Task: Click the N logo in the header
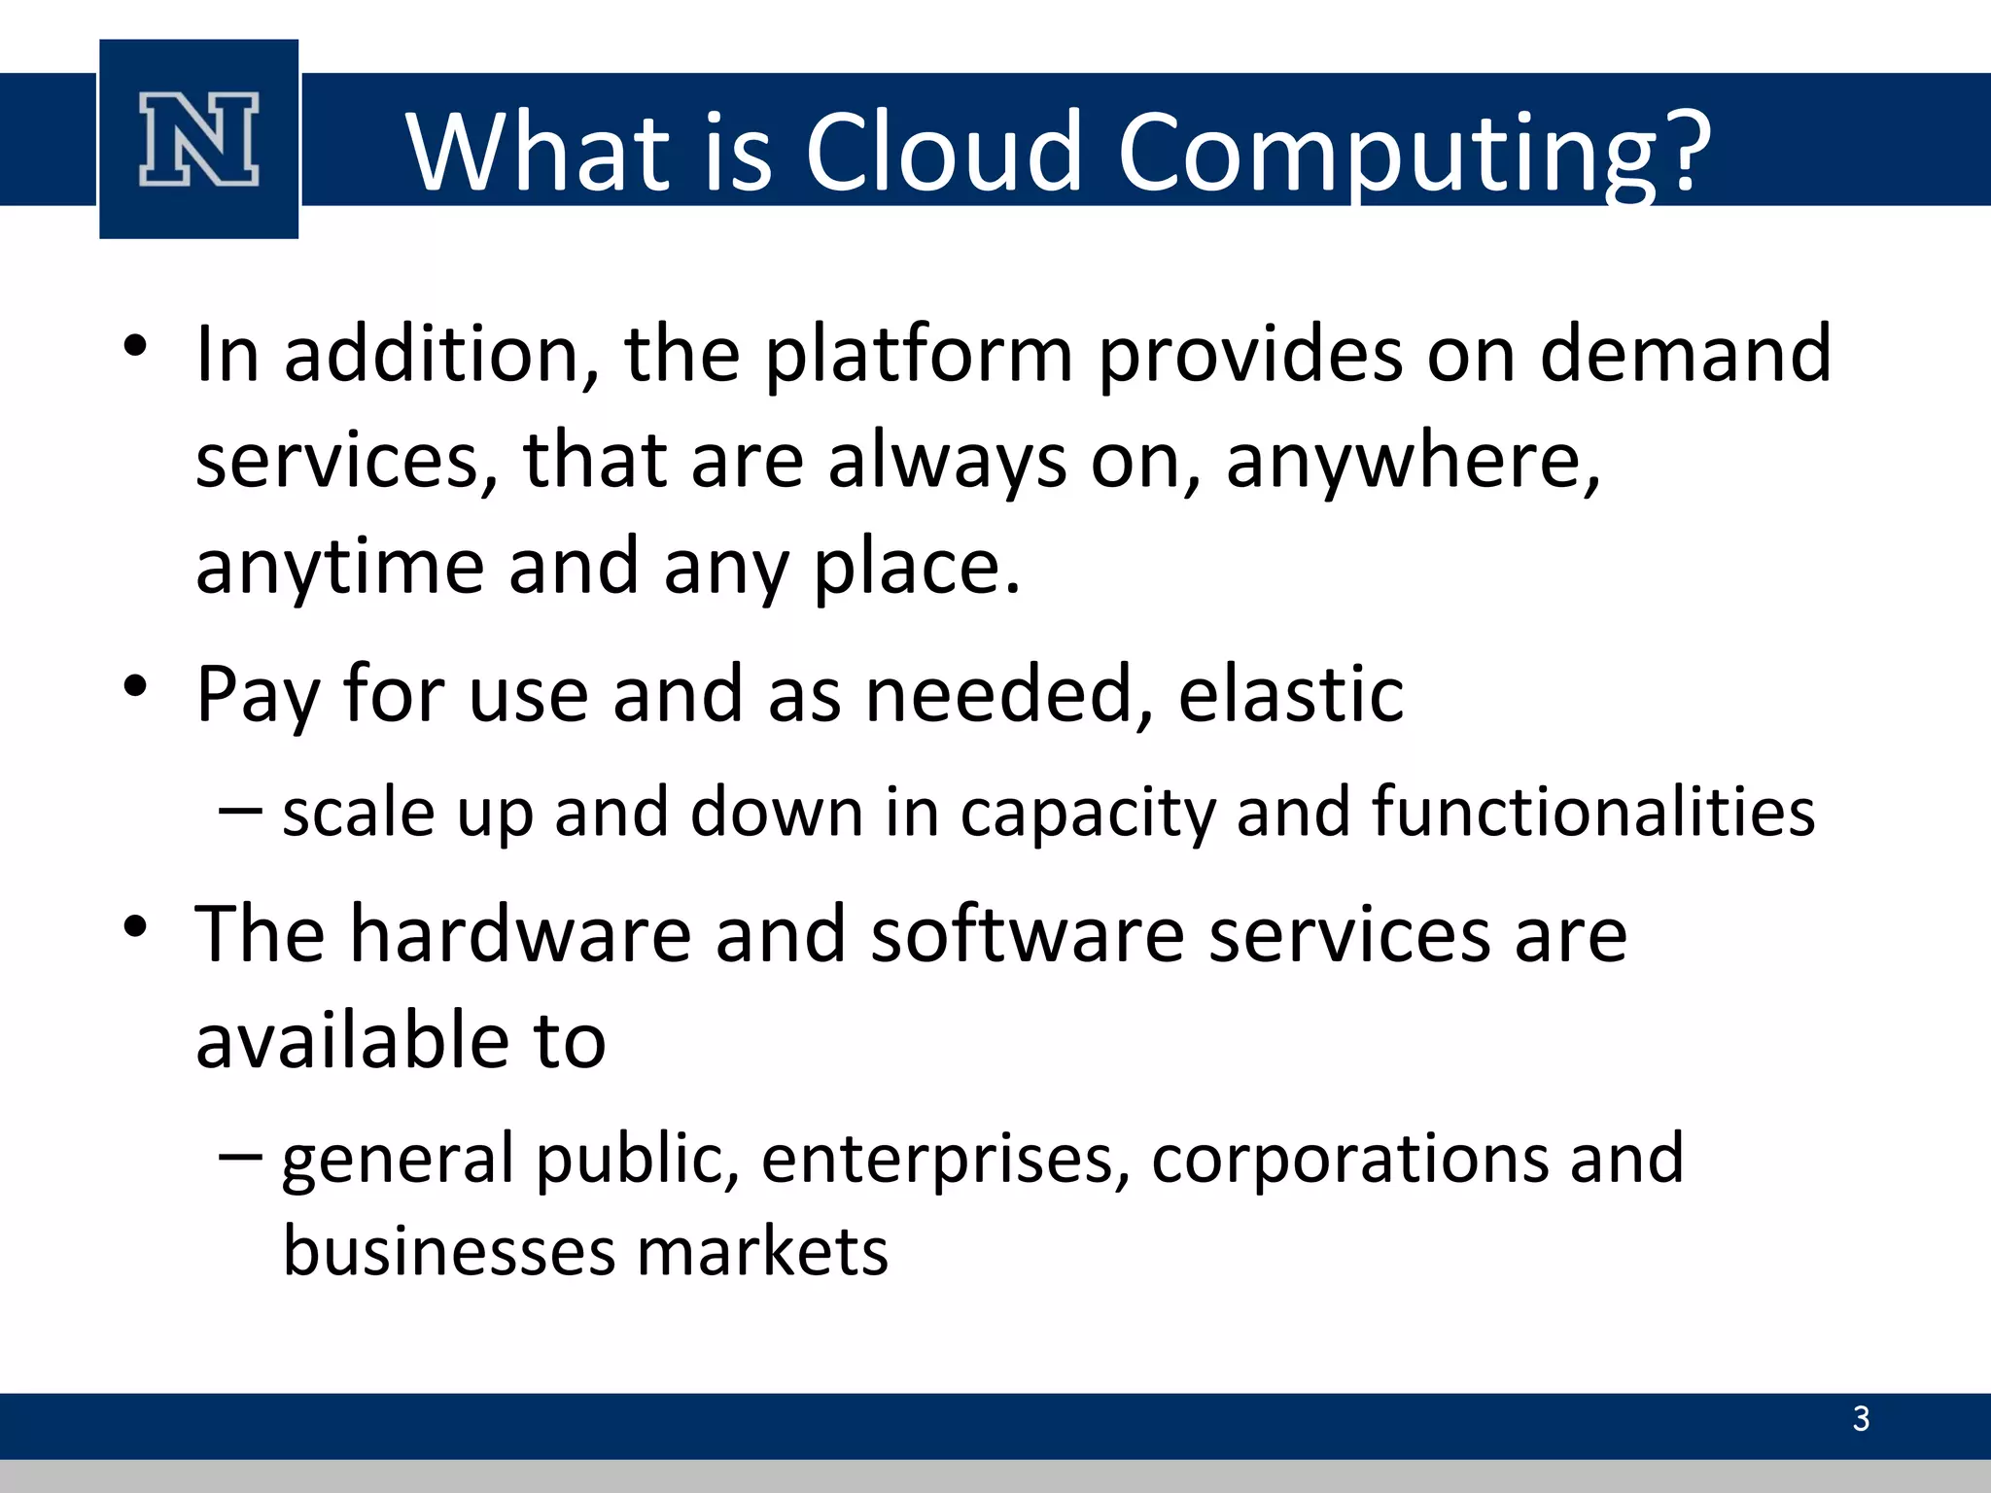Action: (198, 139)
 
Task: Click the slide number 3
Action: (1861, 1419)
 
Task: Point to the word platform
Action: (919, 355)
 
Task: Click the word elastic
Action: (1290, 693)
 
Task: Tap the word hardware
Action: (521, 934)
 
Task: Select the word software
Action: (1027, 934)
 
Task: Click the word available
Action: (352, 1041)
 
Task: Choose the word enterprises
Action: (945, 1161)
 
